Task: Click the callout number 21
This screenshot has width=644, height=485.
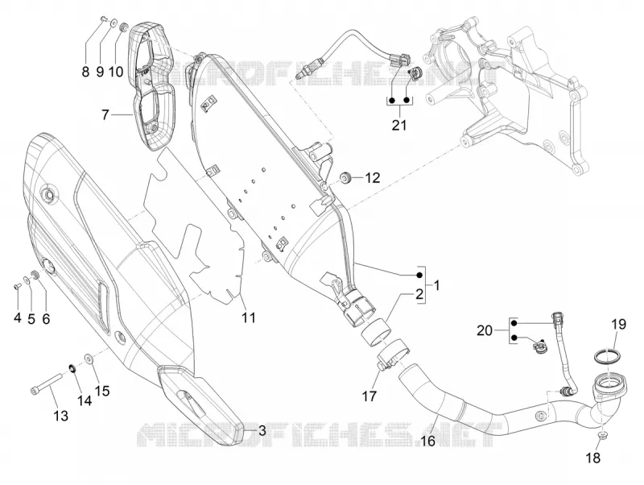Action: click(x=398, y=125)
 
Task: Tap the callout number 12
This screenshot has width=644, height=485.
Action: click(x=373, y=178)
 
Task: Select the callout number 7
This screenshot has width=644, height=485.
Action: click(x=105, y=114)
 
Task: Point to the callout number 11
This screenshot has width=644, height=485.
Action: click(x=249, y=317)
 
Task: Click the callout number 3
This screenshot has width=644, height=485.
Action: click(x=262, y=431)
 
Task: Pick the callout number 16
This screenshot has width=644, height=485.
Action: click(x=427, y=441)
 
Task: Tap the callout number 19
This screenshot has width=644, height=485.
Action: click(x=618, y=325)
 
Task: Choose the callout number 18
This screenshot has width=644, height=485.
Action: click(x=593, y=458)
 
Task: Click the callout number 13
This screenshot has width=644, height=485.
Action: click(x=61, y=416)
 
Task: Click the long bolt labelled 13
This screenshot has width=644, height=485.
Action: click(x=46, y=383)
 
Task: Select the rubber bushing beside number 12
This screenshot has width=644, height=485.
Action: click(x=345, y=177)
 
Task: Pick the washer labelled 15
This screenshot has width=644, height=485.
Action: click(x=89, y=358)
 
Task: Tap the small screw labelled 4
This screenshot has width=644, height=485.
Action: click(x=17, y=285)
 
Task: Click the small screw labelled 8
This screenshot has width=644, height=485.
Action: click(x=103, y=18)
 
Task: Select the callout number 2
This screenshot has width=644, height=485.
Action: click(x=419, y=294)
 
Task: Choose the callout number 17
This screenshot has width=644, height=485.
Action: click(x=369, y=396)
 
